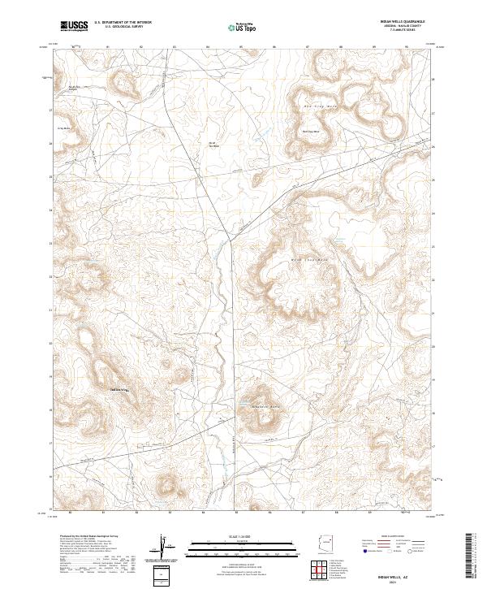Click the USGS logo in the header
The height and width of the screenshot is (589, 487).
click(75, 26)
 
